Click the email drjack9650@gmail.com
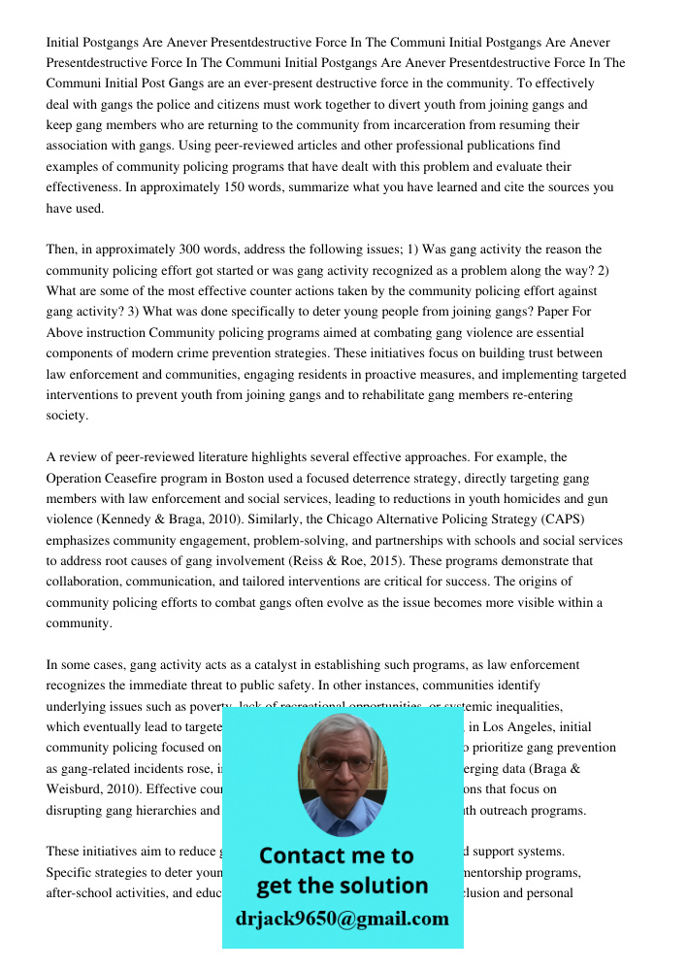click(x=343, y=919)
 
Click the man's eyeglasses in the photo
click(x=343, y=763)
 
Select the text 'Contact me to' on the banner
click(x=336, y=855)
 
